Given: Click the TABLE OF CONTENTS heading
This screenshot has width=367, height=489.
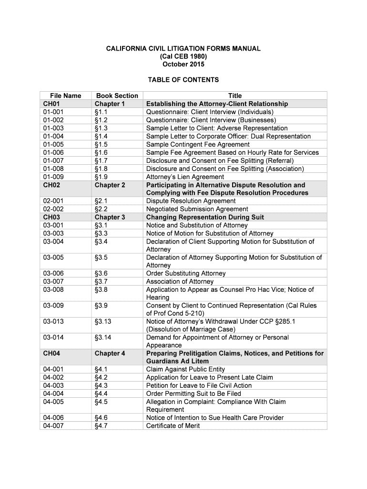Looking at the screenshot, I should pos(183,80).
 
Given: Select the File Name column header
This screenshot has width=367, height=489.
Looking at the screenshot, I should pos(65,96).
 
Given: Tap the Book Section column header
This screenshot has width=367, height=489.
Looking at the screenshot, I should pos(117,96).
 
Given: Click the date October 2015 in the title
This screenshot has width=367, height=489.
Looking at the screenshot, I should pos(183,64).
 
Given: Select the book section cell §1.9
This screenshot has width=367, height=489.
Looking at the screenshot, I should pos(101,177).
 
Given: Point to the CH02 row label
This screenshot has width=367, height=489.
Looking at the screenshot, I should pos(51,185).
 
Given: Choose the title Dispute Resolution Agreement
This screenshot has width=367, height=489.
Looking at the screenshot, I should pos(191,201).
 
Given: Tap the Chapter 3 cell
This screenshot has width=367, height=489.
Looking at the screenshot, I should pos(110,217).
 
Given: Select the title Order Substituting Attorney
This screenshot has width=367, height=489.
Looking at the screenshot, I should pos(186,273).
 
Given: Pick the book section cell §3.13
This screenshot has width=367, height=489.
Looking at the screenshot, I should pos(103,321).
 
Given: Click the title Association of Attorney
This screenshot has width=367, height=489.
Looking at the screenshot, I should pos(180,281).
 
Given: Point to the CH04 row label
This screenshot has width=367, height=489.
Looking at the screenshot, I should pos(51,353).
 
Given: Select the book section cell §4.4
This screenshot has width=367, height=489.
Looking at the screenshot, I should pos(101,393).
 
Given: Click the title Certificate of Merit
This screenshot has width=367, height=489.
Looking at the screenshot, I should pos(173,425).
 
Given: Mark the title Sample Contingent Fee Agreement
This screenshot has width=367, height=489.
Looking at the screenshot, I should pos(198,144).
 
